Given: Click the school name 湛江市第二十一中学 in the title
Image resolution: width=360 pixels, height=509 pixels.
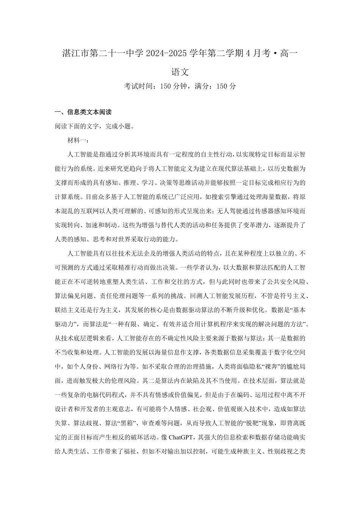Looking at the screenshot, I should (x=102, y=53).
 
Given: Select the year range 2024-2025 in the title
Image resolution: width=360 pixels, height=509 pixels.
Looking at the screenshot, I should (x=164, y=53).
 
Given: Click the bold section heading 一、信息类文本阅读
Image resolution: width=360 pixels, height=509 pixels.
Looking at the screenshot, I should (x=83, y=112).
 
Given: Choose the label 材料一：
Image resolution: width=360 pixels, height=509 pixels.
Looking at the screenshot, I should (x=78, y=141).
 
